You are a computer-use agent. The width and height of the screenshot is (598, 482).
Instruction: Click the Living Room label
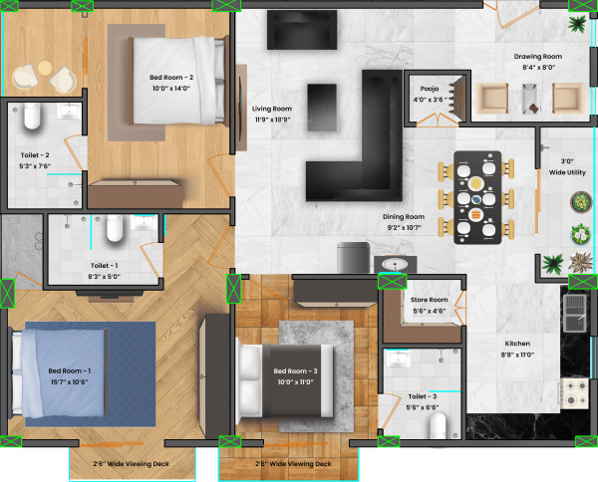pos(271,114)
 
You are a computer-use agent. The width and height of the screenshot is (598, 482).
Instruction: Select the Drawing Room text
pos(538,62)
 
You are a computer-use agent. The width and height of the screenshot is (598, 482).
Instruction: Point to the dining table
pos(477,196)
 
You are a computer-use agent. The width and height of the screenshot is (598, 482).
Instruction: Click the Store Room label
pos(430,305)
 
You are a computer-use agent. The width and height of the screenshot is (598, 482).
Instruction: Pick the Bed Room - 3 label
pos(295,376)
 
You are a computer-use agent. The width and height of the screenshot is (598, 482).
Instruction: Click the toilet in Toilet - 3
pos(438,425)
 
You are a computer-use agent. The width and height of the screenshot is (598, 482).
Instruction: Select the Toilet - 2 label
pos(35,160)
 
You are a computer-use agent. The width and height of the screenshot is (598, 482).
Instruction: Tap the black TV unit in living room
pos(301,30)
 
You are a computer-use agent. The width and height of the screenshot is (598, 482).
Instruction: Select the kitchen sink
pos(576,312)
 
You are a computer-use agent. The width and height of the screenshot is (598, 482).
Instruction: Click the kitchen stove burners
pos(575,389)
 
